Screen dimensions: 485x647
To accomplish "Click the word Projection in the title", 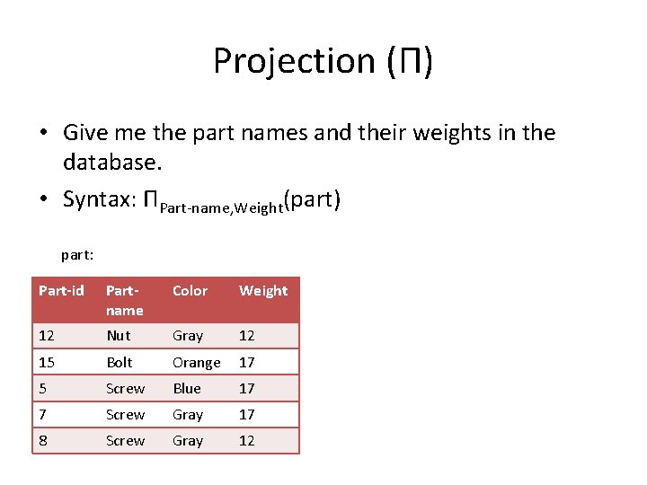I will coord(297,61).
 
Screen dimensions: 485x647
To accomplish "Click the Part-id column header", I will coord(61,290).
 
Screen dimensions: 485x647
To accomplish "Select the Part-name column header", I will coord(124,300).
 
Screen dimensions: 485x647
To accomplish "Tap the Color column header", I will coord(190,290).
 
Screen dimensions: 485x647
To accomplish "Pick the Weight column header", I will coord(263,290).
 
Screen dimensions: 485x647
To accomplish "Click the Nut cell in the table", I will coord(118,335).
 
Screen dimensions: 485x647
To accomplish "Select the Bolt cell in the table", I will coord(119,362).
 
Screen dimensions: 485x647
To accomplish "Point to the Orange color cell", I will coord(196,362).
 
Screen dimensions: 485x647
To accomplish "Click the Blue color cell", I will coord(186,388).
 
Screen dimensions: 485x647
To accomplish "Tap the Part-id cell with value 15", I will coord(46,362).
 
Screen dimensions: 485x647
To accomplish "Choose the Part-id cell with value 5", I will coord(42,388).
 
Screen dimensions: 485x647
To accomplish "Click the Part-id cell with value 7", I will coord(42,414).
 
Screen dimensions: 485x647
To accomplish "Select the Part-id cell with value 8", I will coord(42,440).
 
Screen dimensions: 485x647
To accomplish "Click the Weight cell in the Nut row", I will coord(246,335).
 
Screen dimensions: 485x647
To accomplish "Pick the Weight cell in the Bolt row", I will coord(246,362).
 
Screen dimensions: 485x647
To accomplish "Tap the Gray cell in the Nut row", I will coord(187,335).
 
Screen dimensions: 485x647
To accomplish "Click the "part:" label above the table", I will coord(77,254).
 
